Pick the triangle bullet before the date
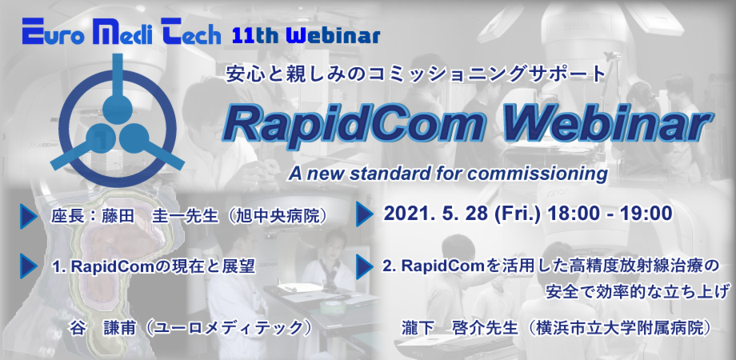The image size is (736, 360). coord(364,214)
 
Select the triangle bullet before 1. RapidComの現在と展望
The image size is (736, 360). coord(28,266)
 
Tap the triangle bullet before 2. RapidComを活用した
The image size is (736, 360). coord(364,266)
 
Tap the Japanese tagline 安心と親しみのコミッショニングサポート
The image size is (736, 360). coord(415,74)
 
